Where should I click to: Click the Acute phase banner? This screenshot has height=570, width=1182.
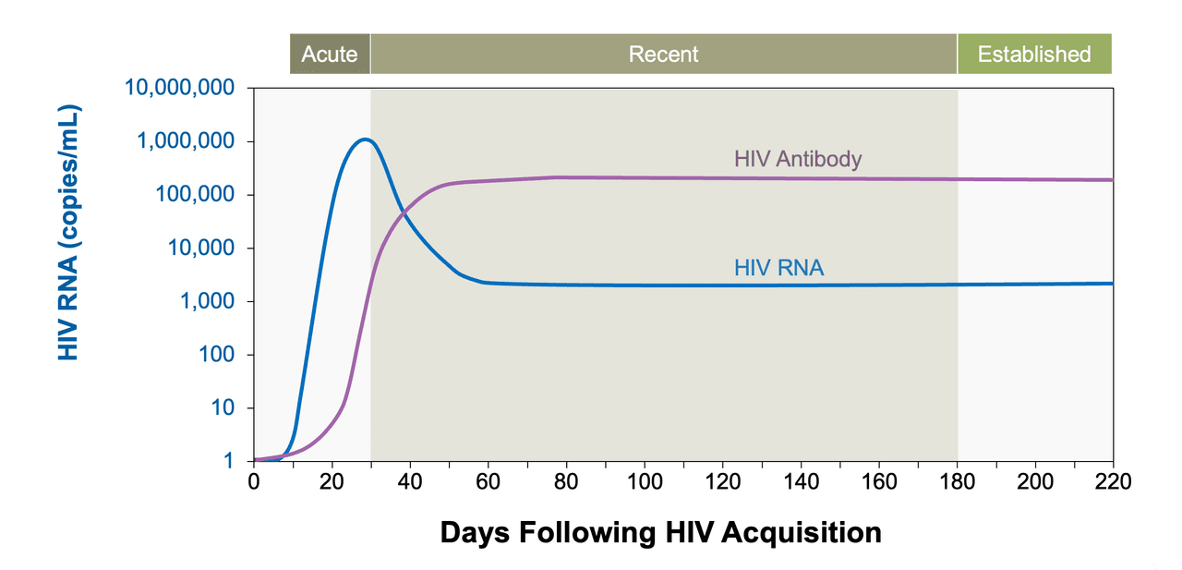pos(330,54)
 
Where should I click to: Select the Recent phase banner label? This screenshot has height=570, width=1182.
pos(663,54)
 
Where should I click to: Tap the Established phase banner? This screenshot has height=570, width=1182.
pos(1034,54)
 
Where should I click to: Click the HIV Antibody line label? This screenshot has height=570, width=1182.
pos(798,159)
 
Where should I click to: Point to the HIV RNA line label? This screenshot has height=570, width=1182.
pos(778,268)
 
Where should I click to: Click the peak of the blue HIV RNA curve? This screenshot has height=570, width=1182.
pos(367,139)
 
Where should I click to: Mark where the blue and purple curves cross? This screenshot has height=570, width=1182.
pos(404,213)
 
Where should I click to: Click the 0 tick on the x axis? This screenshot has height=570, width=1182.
pos(254,481)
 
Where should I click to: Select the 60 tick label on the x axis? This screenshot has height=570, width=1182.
pos(488,481)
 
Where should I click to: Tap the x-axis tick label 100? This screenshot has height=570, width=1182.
pos(644,481)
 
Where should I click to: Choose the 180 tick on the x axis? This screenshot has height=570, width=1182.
pos(957,481)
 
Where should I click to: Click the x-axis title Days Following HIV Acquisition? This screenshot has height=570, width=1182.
pos(660,532)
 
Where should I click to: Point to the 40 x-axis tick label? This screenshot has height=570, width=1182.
pos(410,481)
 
